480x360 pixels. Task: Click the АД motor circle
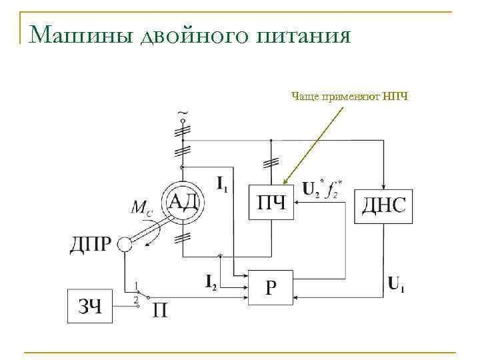(x=181, y=201)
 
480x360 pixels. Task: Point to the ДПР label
(x=90, y=245)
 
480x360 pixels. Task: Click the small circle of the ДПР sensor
(x=125, y=245)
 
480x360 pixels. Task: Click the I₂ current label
(x=210, y=281)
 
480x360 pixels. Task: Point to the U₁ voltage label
(x=397, y=286)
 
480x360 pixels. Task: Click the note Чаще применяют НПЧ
(x=349, y=97)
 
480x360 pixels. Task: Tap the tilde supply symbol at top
(x=182, y=111)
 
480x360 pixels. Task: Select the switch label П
(x=161, y=310)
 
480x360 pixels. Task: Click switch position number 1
(x=136, y=286)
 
